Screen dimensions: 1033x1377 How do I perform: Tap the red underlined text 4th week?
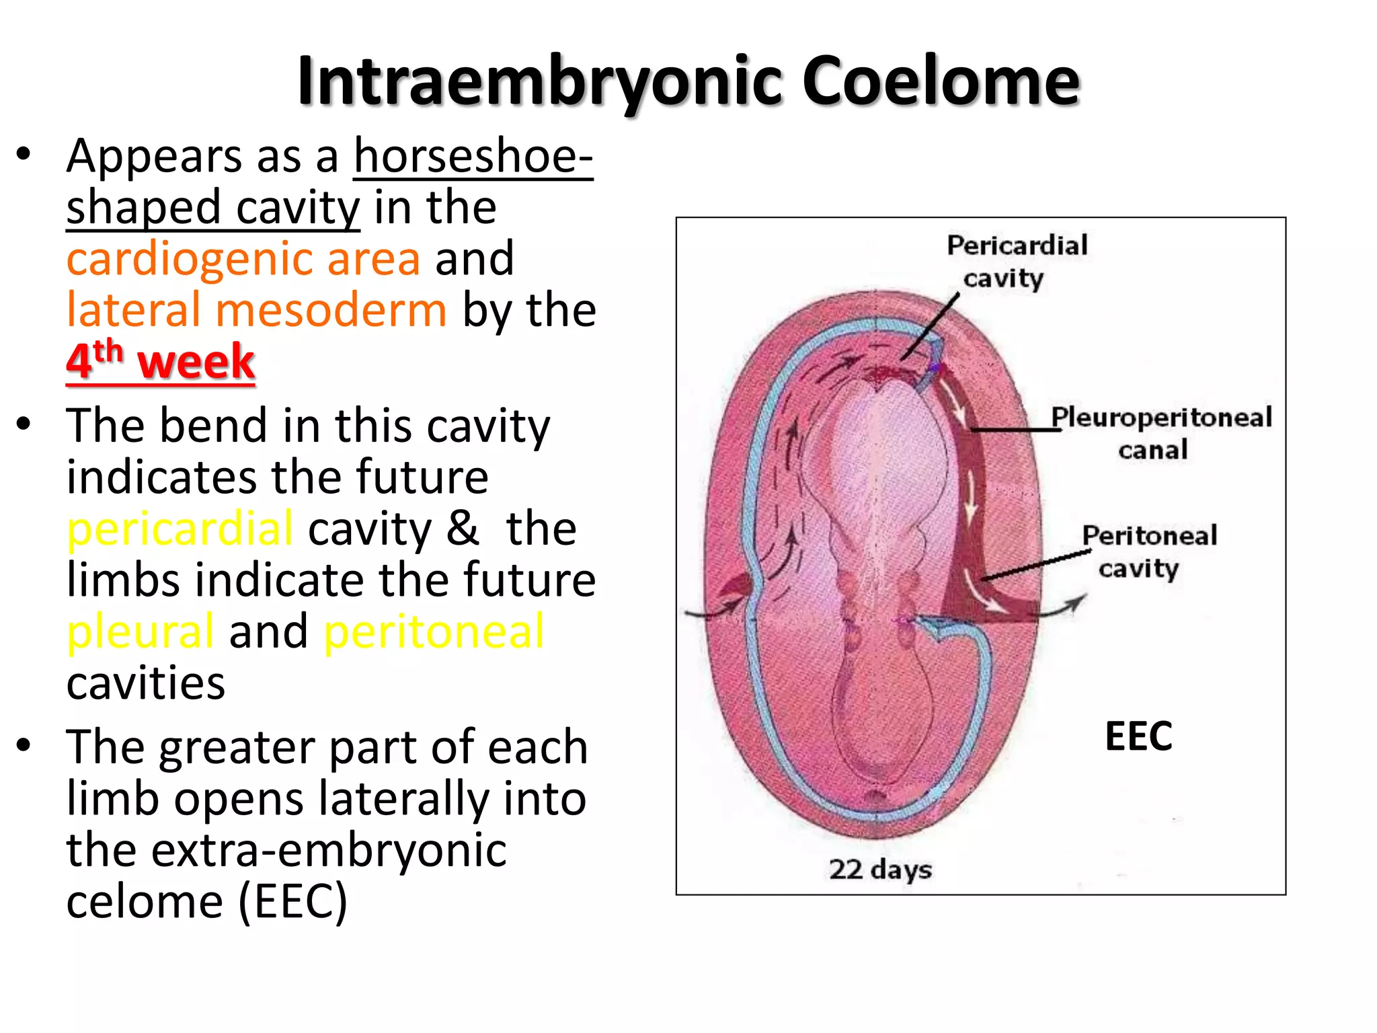tap(160, 361)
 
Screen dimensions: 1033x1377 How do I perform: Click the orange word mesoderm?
tap(331, 310)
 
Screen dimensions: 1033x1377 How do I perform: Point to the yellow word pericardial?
tap(180, 529)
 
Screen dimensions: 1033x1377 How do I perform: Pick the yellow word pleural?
tap(141, 632)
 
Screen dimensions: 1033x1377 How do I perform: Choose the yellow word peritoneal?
tap(434, 632)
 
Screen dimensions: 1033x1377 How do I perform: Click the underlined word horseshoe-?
tap(473, 156)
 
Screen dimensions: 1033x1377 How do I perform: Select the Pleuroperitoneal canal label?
tap(1161, 432)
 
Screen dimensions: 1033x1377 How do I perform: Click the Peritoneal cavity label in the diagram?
tap(1148, 551)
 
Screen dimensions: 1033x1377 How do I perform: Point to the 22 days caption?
tap(880, 869)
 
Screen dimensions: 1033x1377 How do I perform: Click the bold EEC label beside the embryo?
tap(1138, 736)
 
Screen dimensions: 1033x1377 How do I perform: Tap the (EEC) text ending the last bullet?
tap(292, 902)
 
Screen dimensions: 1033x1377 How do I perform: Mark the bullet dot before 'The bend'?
tap(24, 425)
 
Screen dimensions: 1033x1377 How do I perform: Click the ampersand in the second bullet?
tap(462, 529)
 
